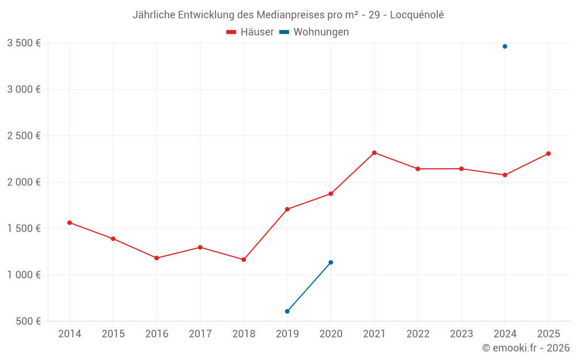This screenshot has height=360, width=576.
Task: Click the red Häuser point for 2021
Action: pyautogui.click(x=374, y=153)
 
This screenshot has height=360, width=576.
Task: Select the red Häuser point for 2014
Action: pyautogui.click(x=70, y=222)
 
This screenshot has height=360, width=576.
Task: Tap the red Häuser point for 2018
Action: pyautogui.click(x=244, y=260)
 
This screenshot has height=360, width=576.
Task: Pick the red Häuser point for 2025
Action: pyautogui.click(x=548, y=154)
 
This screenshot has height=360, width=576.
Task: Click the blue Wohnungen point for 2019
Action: pyautogui.click(x=287, y=312)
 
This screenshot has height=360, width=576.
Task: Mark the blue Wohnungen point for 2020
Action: pyautogui.click(x=331, y=263)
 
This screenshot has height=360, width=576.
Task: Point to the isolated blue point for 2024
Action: pyautogui.click(x=505, y=47)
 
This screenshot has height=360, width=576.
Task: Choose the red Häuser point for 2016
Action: pyautogui.click(x=157, y=258)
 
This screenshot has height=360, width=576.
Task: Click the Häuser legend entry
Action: pyautogui.click(x=251, y=32)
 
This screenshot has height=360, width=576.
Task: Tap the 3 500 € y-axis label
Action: pyautogui.click(x=24, y=43)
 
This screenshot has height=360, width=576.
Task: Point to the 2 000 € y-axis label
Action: pyautogui.click(x=24, y=182)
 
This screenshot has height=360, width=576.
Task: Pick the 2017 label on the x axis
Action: pyautogui.click(x=200, y=334)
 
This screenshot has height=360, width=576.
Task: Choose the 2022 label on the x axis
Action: pyautogui.click(x=418, y=334)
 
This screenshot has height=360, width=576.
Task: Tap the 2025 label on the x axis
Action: pyautogui.click(x=548, y=334)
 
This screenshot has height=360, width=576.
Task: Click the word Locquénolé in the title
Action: pyautogui.click(x=417, y=15)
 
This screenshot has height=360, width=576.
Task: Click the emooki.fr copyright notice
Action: pyautogui.click(x=525, y=348)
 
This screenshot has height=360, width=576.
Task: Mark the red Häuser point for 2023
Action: pyautogui.click(x=461, y=169)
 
